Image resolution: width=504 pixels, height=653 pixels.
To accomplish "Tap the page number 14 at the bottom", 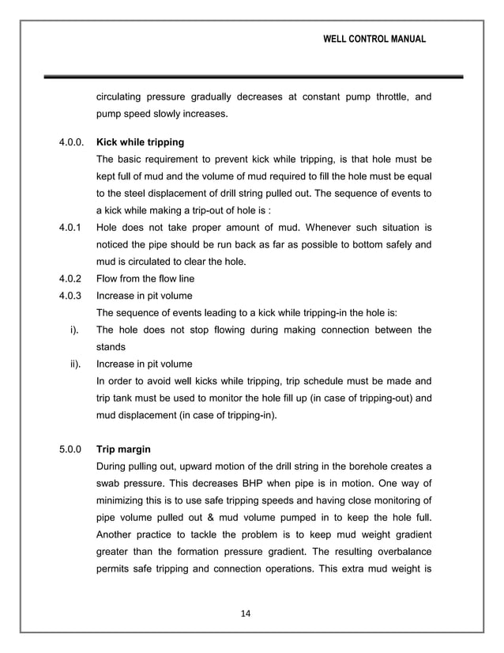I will pyautogui.click(x=251, y=612).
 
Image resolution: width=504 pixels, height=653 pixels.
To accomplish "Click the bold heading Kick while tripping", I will pyautogui.click(x=140, y=142).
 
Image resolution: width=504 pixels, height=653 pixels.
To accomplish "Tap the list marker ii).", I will pyautogui.click(x=75, y=364).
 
